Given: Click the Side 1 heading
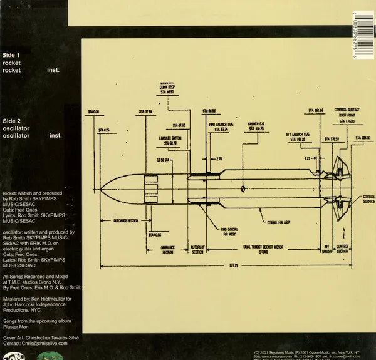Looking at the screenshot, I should coord(12,54).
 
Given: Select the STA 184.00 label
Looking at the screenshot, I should coord(363,137).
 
